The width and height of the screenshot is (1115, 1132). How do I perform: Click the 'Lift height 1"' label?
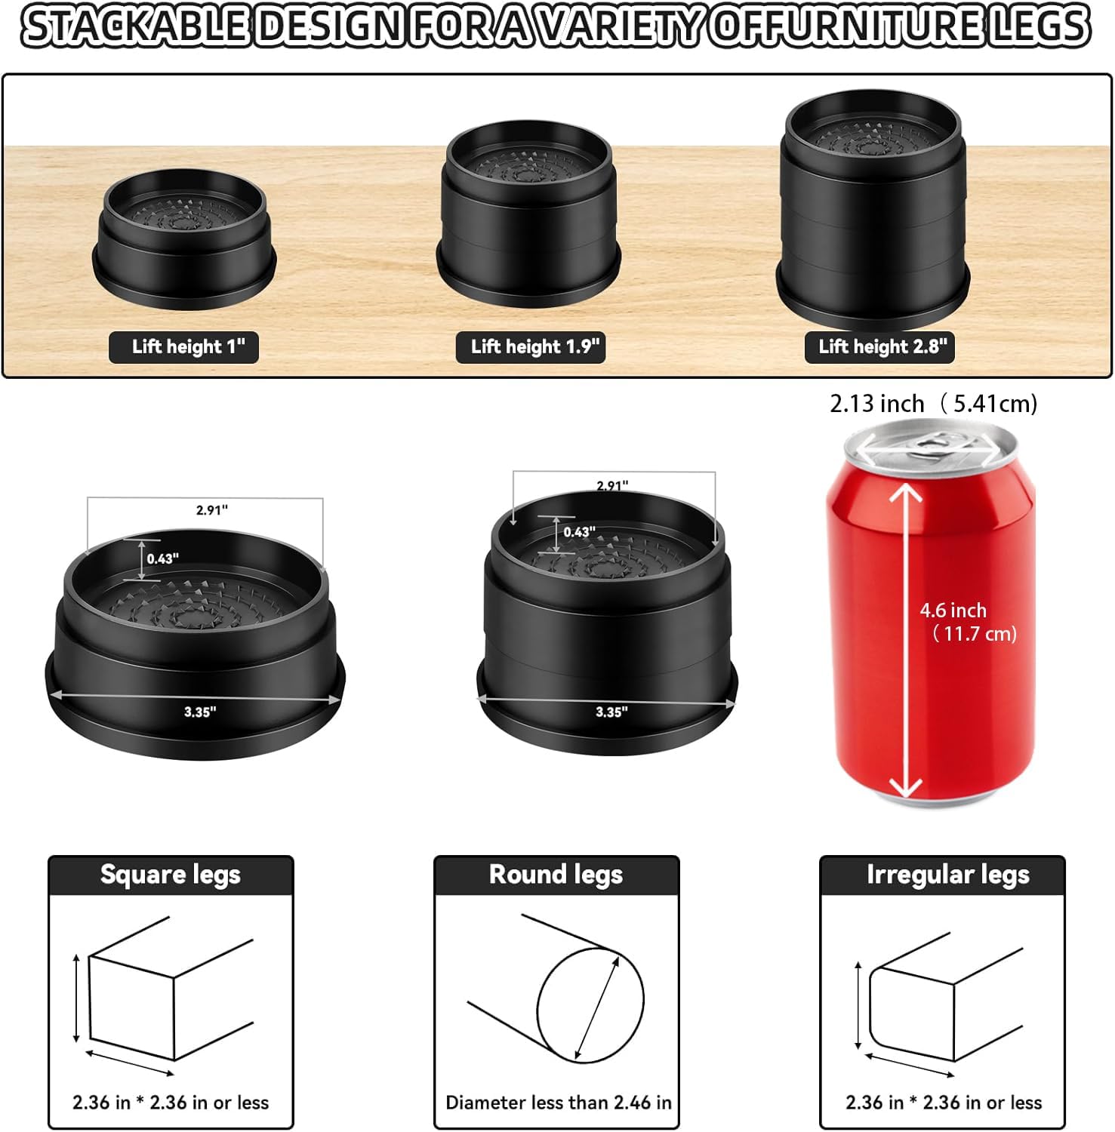[x=184, y=347]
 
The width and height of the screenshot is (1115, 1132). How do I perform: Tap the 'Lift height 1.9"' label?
[x=531, y=347]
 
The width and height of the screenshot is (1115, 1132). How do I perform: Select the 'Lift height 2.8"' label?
[x=879, y=347]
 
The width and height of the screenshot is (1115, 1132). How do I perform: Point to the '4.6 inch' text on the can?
[x=953, y=611]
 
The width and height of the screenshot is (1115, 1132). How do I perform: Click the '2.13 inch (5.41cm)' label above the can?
[x=933, y=404]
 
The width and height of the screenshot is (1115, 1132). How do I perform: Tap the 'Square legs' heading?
[x=171, y=875]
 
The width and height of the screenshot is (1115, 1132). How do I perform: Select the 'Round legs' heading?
[x=556, y=875]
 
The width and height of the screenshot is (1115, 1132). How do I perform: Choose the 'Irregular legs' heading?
[x=947, y=875]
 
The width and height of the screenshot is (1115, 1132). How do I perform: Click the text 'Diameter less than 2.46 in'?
[x=558, y=1103]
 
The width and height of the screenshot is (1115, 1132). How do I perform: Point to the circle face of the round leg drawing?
[x=590, y=1004]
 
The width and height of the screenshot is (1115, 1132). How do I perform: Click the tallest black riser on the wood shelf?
[x=873, y=208]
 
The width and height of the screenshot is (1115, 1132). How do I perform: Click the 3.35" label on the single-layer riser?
[x=200, y=712]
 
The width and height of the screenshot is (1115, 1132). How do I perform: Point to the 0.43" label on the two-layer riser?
[x=579, y=532]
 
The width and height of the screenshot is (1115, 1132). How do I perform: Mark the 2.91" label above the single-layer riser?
[x=212, y=510]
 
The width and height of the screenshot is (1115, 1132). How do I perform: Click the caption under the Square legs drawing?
[x=171, y=1103]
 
